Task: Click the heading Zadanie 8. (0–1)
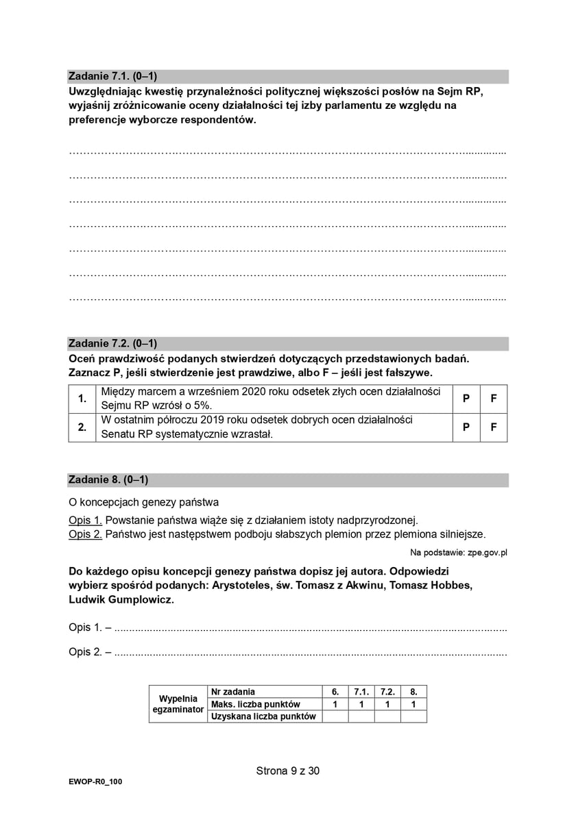[x=108, y=480]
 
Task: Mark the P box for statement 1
[x=466, y=399]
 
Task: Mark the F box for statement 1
[x=494, y=399]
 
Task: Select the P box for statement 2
[x=466, y=427]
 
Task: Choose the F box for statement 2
[x=494, y=427]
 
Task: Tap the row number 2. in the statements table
[x=82, y=427]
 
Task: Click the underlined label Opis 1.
[x=86, y=520]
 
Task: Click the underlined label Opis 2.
[x=86, y=534]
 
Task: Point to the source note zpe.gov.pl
[x=488, y=552]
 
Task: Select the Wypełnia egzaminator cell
[x=178, y=703]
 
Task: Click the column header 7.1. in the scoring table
[x=361, y=692]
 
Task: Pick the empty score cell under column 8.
[x=413, y=716]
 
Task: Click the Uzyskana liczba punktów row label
[x=263, y=716]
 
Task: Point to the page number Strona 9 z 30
[x=288, y=771]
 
